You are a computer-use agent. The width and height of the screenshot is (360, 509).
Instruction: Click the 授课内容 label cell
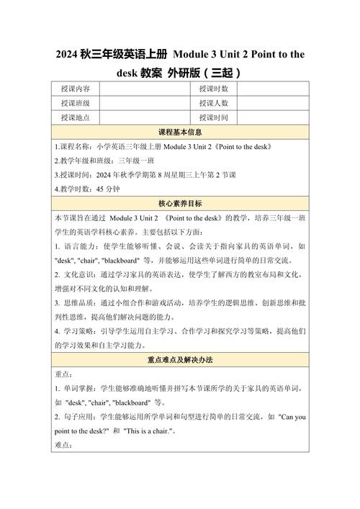point(76,89)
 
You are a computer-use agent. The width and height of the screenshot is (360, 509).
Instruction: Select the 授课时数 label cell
point(214,89)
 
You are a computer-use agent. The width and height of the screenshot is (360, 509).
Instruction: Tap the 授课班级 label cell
point(76,103)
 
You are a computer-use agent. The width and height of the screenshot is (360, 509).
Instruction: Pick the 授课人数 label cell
point(214,103)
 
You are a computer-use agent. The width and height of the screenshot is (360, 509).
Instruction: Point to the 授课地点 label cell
point(76,117)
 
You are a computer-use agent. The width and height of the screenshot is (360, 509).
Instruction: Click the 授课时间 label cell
point(214,117)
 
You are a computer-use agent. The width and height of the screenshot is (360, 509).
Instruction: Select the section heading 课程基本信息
point(179,132)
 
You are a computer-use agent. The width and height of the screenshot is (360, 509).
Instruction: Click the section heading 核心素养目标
point(179,204)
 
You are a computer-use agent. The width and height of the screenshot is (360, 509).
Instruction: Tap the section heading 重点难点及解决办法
point(179,359)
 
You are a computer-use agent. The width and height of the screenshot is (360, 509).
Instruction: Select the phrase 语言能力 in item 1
point(78,246)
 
